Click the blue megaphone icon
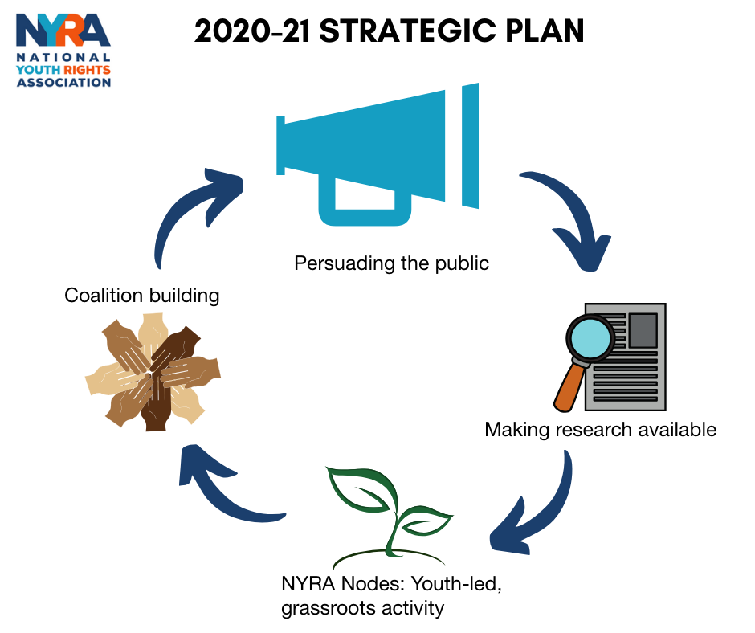click(377, 154)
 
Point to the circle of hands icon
click(153, 372)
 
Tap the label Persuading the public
click(391, 263)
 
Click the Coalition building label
click(142, 296)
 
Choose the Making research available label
click(601, 429)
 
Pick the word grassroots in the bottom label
click(328, 608)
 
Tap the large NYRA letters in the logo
click(63, 30)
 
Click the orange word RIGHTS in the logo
click(88, 70)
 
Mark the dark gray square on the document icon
click(643, 330)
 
